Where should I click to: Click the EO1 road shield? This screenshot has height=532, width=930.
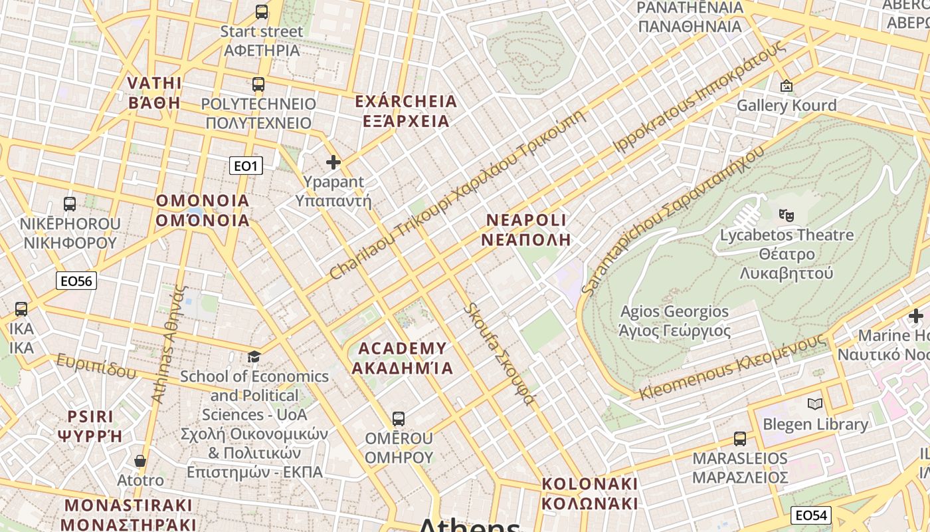pyautogui.click(x=246, y=166)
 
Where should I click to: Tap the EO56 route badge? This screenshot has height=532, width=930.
pyautogui.click(x=76, y=281)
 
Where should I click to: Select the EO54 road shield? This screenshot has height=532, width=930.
pyautogui.click(x=812, y=515)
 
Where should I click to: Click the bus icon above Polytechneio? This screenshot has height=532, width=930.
pyautogui.click(x=258, y=84)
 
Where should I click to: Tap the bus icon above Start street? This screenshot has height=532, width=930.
pyautogui.click(x=262, y=11)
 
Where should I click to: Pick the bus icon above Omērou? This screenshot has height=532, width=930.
pyautogui.click(x=399, y=419)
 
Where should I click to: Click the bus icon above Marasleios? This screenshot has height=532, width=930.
pyautogui.click(x=740, y=439)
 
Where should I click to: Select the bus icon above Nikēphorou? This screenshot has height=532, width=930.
pyautogui.click(x=70, y=204)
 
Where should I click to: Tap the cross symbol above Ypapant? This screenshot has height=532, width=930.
pyautogui.click(x=333, y=162)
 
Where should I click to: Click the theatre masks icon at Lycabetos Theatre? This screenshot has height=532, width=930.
pyautogui.click(x=787, y=214)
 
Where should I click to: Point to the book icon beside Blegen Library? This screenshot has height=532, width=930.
pyautogui.click(x=815, y=404)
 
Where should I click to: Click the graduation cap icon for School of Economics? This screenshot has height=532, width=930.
pyautogui.click(x=254, y=357)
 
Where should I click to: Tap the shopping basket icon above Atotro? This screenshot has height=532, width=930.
pyautogui.click(x=140, y=460)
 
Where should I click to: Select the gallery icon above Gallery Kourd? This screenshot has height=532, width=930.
pyautogui.click(x=787, y=85)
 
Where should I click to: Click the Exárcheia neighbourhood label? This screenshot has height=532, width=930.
pyautogui.click(x=406, y=111)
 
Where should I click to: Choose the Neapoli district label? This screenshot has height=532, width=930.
pyautogui.click(x=526, y=229)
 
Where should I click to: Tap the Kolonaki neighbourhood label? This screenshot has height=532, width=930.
pyautogui.click(x=589, y=493)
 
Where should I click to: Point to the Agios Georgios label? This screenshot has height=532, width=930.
pyautogui.click(x=674, y=321)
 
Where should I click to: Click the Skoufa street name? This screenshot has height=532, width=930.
pyautogui.click(x=499, y=354)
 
